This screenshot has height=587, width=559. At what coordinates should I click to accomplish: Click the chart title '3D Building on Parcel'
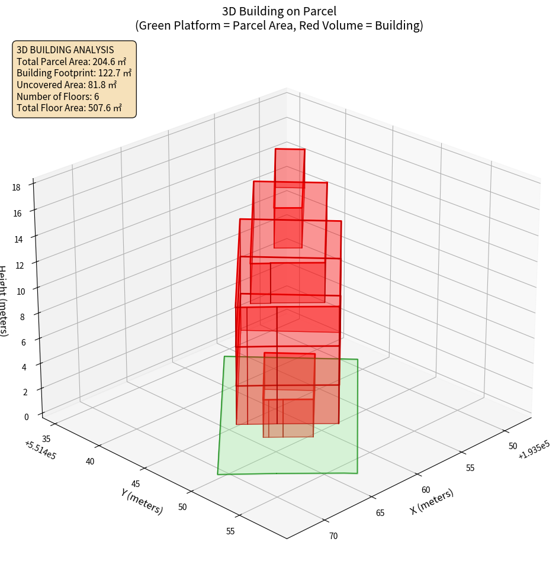click(x=279, y=11)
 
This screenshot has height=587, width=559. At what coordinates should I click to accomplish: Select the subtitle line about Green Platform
click(x=279, y=25)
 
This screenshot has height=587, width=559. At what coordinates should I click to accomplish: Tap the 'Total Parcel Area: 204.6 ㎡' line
click(x=72, y=61)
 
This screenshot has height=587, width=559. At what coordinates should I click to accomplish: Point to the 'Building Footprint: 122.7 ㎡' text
click(x=74, y=73)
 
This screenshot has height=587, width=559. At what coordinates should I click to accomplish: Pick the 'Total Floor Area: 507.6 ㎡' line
click(x=69, y=108)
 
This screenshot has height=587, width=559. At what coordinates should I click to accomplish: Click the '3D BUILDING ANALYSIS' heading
click(x=65, y=50)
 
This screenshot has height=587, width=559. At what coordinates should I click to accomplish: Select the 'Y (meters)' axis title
click(x=142, y=501)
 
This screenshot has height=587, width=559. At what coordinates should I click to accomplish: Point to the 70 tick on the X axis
click(x=333, y=536)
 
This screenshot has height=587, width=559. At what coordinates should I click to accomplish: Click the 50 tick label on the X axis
click(x=513, y=446)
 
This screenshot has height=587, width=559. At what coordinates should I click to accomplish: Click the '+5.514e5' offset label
click(x=40, y=450)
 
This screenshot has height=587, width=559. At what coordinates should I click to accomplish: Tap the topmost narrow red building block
click(x=290, y=168)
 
